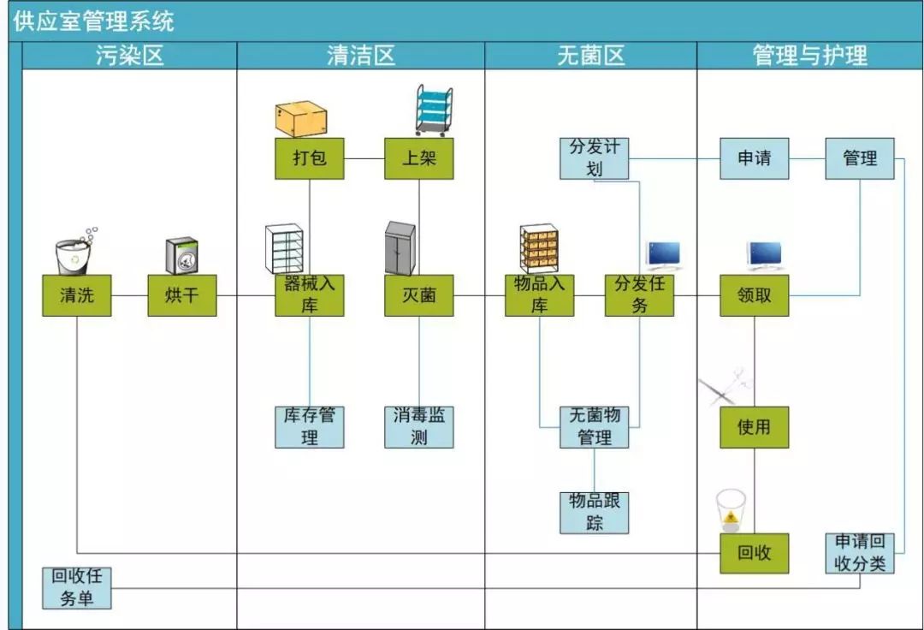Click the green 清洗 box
[x=77, y=296]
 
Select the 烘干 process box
[x=181, y=296]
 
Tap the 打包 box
[x=309, y=158]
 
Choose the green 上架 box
[x=418, y=158]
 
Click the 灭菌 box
[x=418, y=296]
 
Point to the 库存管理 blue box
[x=309, y=426]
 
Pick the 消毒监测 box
[x=418, y=426]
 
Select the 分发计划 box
[x=595, y=158]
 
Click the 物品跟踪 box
[x=595, y=512]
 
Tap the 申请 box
[x=754, y=158]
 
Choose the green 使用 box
[x=754, y=426]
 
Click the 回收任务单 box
[x=77, y=587]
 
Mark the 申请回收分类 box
[x=860, y=553]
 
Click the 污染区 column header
[x=129, y=56]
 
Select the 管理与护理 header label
[x=809, y=56]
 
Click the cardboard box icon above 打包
[x=301, y=118]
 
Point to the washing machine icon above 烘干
[x=182, y=254]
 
